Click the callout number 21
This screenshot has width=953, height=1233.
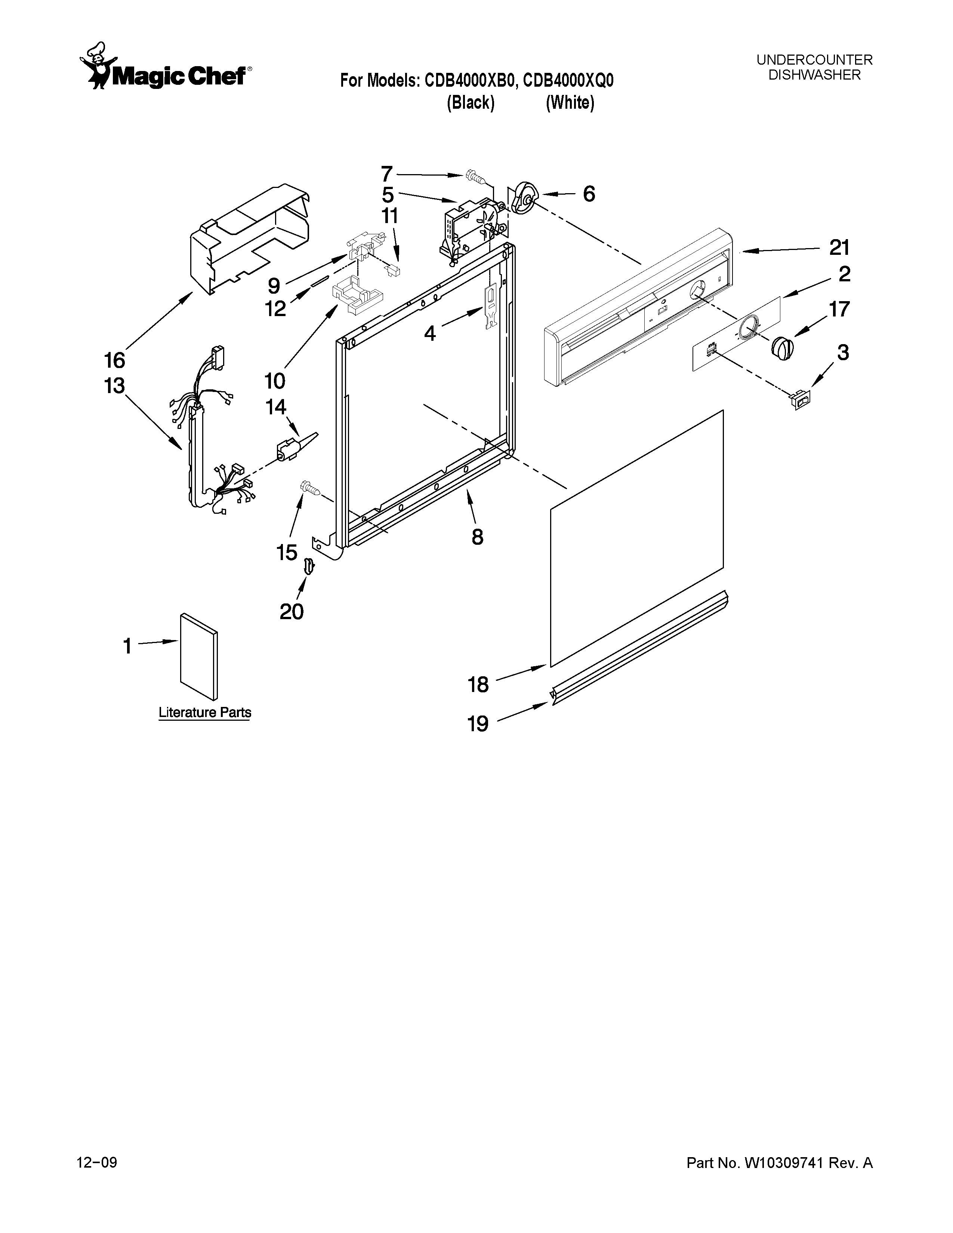coord(839,248)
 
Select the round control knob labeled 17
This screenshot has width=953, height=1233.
coord(782,347)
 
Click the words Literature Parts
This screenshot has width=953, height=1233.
coord(204,713)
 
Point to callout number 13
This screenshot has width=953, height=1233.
coord(114,386)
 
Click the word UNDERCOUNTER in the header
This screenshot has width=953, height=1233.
coord(814,60)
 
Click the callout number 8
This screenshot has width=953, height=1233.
coord(478,537)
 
